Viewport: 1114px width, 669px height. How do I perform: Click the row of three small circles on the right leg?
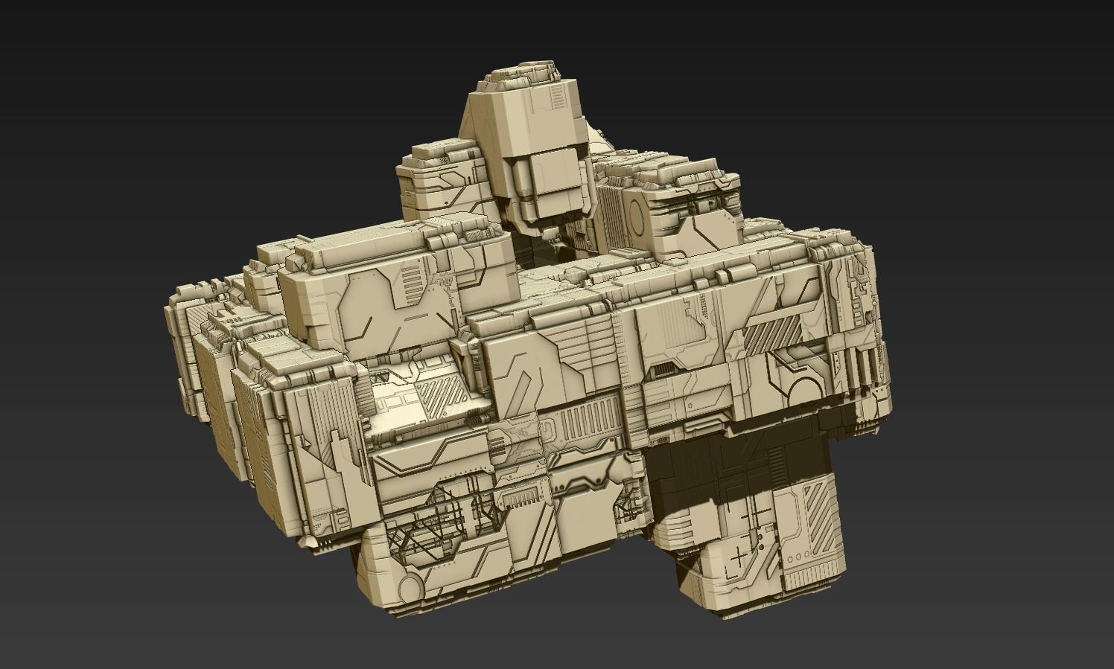[798, 557]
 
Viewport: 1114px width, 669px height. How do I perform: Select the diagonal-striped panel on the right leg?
[821, 508]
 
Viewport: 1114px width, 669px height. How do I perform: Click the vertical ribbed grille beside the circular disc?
[610, 215]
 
